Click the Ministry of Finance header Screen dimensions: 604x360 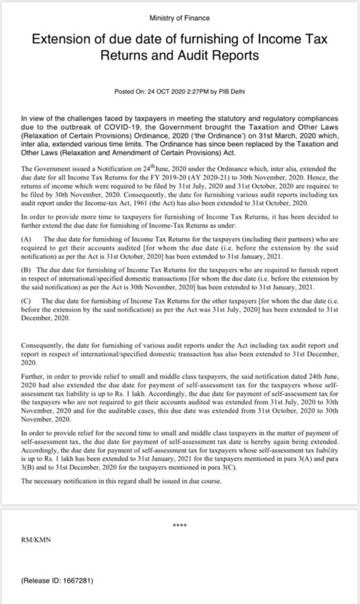[x=179, y=18]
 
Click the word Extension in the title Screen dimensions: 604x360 [x=60, y=39]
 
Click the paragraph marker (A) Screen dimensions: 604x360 [x=26, y=239]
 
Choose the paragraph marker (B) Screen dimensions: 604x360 [x=26, y=270]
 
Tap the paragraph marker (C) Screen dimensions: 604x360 [x=26, y=301]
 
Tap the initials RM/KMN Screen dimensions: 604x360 [x=36, y=540]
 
